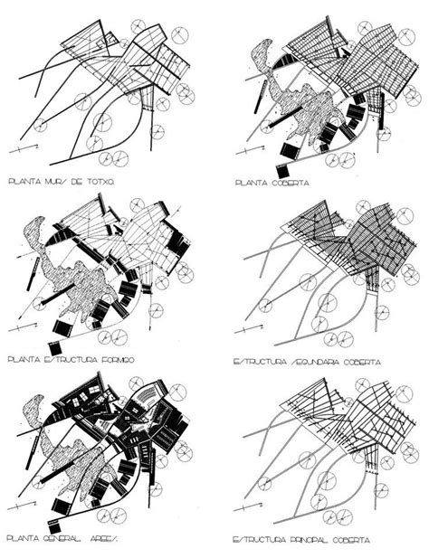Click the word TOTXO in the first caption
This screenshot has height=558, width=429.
click(x=103, y=182)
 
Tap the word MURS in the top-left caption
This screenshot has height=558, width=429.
click(x=56, y=182)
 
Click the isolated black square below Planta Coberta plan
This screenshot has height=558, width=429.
click(x=283, y=171)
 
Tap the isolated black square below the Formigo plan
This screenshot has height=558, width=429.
click(x=55, y=348)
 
